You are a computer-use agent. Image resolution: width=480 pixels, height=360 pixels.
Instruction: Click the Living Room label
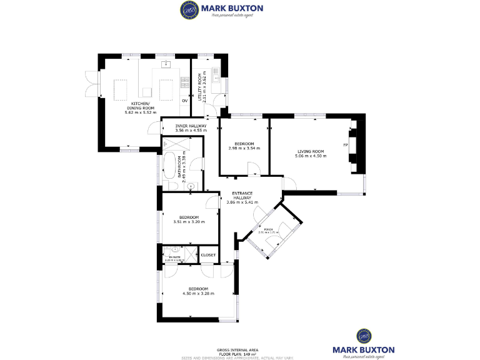(310, 153)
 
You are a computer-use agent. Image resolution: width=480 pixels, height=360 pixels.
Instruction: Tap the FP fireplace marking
(345, 145)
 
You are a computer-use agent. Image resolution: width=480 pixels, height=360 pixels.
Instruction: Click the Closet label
(208, 255)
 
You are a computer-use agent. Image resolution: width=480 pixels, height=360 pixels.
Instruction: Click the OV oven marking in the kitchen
(184, 100)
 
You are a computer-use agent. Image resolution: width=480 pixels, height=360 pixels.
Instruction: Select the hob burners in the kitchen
(185, 81)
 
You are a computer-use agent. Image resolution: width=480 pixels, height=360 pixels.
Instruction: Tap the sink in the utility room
(216, 77)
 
